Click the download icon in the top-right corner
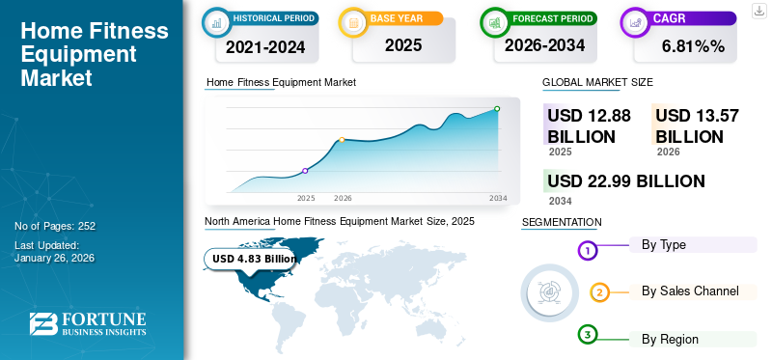pyautogui.click(x=758, y=10)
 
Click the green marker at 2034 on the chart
pyautogui.click(x=497, y=109)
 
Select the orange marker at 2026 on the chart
pyautogui.click(x=342, y=140)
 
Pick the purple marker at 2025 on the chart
pyautogui.click(x=306, y=171)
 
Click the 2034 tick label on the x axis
pyautogui.click(x=498, y=198)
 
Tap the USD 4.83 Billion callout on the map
pyautogui.click(x=254, y=259)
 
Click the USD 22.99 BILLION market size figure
pyautogui.click(x=625, y=180)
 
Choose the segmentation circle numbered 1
pyautogui.click(x=589, y=251)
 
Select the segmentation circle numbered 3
pyautogui.click(x=589, y=335)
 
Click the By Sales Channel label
pyautogui.click(x=690, y=291)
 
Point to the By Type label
pyautogui.click(x=664, y=244)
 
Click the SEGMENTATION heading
pyautogui.click(x=562, y=222)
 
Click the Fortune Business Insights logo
pyautogui.click(x=88, y=323)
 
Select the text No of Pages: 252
pyautogui.click(x=55, y=226)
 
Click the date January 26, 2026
pyautogui.click(x=55, y=259)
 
